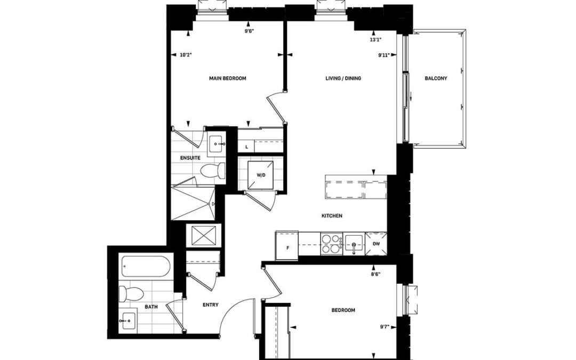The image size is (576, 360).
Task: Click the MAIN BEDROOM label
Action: coord(227,78)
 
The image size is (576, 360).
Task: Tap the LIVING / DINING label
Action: coord(343,78)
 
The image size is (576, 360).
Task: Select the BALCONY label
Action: coord(436,78)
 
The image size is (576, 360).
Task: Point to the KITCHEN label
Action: coord(332,216)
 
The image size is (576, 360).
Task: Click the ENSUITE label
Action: coord(190,158)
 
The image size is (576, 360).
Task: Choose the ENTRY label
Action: coord(211,305)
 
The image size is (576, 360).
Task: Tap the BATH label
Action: coord(151,307)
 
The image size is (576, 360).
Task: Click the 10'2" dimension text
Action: coord(186,55)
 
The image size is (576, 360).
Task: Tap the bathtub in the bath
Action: coord(146,266)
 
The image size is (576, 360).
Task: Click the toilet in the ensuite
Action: coord(213,170)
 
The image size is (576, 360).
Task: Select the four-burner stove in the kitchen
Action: coord(331,244)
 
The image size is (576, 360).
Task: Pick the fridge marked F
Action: coord(286,245)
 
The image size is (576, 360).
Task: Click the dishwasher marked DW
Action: coord(376,244)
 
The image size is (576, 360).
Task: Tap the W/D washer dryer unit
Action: coord(260,175)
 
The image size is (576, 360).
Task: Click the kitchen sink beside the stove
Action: coord(354,244)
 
